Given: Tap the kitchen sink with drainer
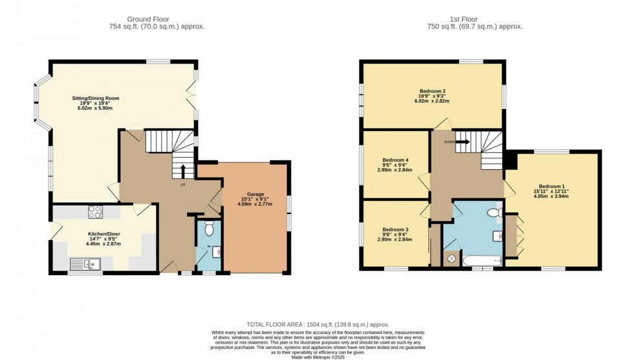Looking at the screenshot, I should (85, 263).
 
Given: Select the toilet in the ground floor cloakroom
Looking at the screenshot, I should (208, 228).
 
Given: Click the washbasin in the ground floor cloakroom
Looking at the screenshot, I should (216, 252).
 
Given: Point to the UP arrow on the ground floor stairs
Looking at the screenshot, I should (182, 171).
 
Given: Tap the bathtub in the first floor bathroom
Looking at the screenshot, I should (480, 261).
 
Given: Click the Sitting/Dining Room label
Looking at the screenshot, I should (95, 98).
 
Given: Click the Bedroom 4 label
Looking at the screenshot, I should (395, 160).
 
